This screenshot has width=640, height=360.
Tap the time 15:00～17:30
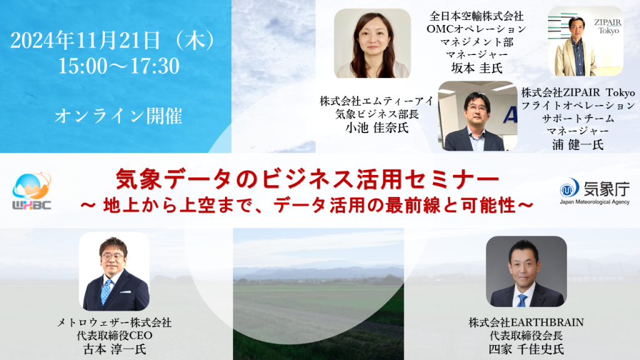tap(119, 65)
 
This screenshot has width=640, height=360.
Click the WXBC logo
tap(32, 191)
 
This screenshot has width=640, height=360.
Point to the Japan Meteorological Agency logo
tap(594, 191)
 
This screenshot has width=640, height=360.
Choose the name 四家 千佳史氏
tap(526, 348)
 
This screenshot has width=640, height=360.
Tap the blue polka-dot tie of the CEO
tap(106, 290)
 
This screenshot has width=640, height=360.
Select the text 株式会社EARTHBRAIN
tap(526, 322)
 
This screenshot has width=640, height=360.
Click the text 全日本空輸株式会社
tap(476, 16)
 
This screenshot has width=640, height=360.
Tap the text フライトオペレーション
tap(577, 105)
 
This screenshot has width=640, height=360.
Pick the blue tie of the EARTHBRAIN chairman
tap(521, 298)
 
